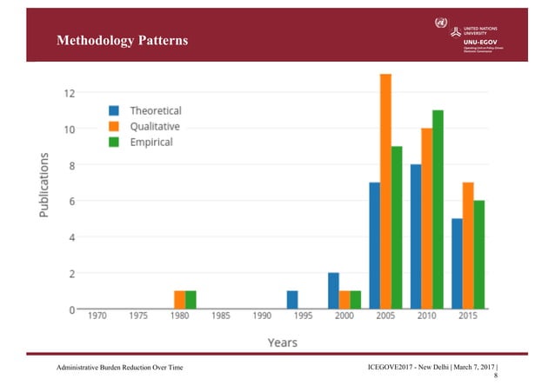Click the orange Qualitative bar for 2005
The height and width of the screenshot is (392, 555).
click(x=385, y=191)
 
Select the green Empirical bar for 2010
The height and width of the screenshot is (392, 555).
click(x=438, y=209)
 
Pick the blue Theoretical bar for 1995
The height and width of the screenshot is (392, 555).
click(x=292, y=300)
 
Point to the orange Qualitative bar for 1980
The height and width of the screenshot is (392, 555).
click(x=179, y=300)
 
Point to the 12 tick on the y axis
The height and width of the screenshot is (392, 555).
click(x=67, y=93)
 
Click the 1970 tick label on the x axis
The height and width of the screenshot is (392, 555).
click(x=97, y=318)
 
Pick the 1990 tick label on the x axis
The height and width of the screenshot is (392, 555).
click(x=261, y=318)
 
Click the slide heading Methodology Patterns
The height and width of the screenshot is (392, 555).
click(x=122, y=41)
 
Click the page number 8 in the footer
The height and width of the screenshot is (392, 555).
click(x=496, y=379)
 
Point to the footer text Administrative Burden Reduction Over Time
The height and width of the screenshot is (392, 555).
click(x=122, y=371)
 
